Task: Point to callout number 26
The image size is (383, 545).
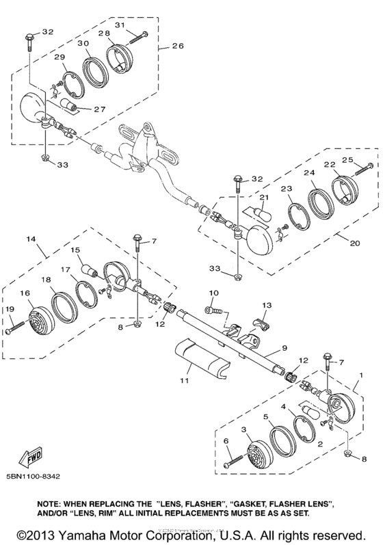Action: click(178, 47)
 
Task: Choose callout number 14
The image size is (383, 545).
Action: click(31, 240)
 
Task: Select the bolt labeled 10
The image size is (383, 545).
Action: click(215, 310)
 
